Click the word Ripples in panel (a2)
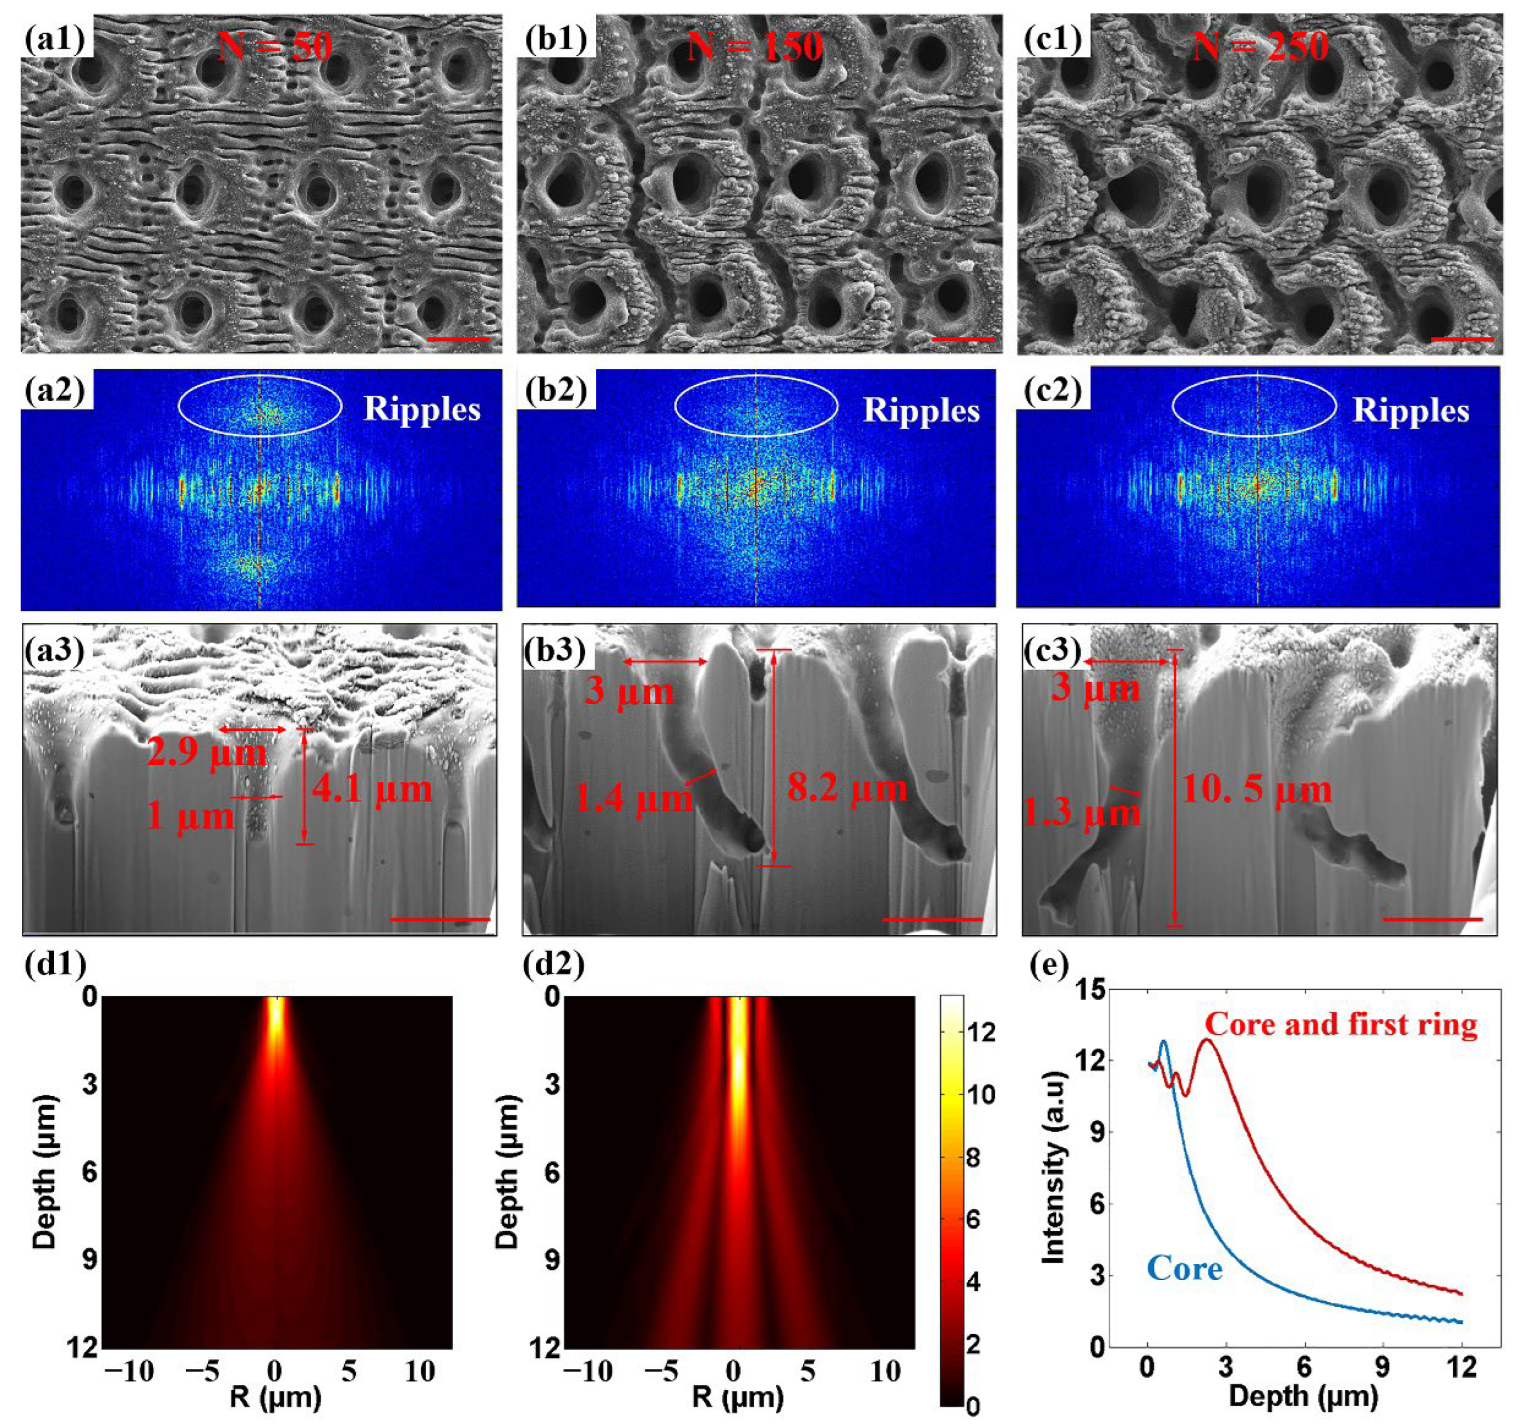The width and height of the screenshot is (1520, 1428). coord(422,409)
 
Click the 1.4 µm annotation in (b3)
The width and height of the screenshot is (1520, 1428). coord(633,799)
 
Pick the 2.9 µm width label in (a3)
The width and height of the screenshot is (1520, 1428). coord(208,753)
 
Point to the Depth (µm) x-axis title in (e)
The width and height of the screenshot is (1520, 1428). coord(1303,1396)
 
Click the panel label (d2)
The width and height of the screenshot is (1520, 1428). coord(555,966)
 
